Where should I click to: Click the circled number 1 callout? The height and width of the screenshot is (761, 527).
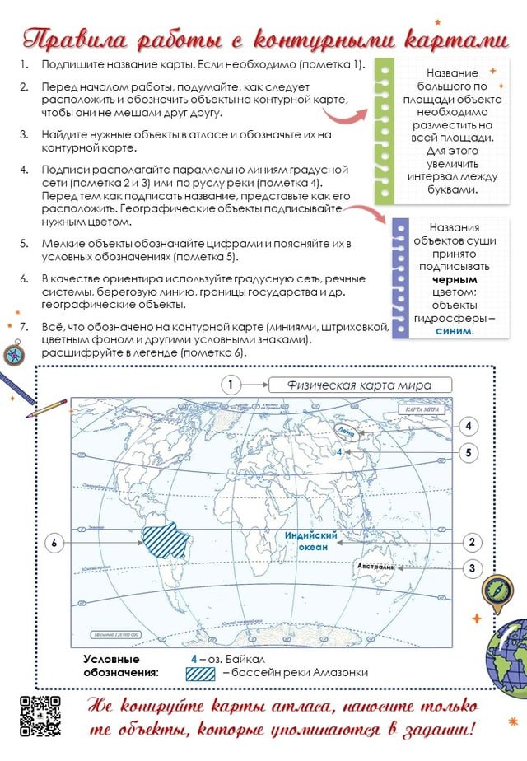point(231,385)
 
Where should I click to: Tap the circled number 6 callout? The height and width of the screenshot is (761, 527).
point(54,543)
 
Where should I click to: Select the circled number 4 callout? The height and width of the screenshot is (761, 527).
point(469,426)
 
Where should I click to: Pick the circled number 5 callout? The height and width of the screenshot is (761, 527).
point(469,452)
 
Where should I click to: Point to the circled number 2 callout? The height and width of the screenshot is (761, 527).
point(472,542)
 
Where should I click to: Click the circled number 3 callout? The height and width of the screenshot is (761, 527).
point(472,567)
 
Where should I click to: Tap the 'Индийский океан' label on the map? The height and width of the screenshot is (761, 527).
point(305,541)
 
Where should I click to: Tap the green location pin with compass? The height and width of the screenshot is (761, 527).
point(498,591)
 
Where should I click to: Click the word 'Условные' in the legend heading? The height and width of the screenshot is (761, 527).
point(111,659)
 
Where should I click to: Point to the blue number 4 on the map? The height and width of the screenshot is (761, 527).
point(338,452)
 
